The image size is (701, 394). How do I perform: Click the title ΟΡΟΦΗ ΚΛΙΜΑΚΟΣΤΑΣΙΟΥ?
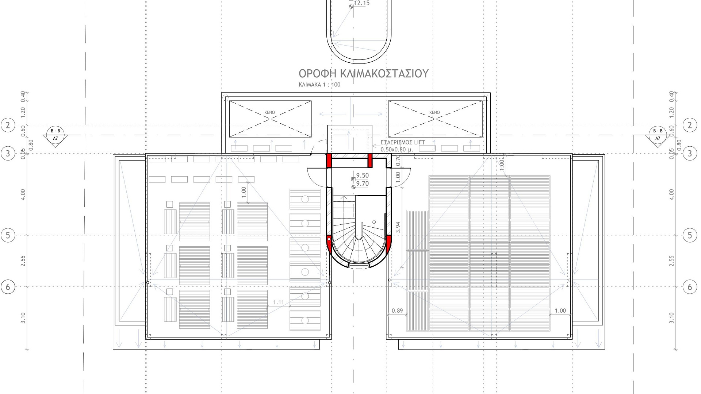click(x=363, y=74)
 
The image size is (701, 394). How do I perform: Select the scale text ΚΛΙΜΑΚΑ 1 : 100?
click(x=319, y=85)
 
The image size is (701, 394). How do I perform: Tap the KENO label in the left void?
click(x=269, y=112)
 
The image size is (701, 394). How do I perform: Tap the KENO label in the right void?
click(x=434, y=112)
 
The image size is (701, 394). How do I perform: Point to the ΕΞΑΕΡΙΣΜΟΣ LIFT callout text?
click(x=403, y=142)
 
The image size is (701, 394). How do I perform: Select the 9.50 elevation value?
click(x=363, y=175)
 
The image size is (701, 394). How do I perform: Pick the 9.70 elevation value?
click(x=363, y=184)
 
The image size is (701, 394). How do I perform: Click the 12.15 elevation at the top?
click(x=362, y=3)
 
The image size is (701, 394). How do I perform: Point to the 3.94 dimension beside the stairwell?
click(x=398, y=228)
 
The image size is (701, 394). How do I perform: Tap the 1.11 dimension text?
click(x=279, y=302)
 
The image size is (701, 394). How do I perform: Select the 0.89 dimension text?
click(x=397, y=311)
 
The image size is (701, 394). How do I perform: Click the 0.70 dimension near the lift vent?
click(x=398, y=159)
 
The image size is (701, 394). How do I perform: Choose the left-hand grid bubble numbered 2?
click(x=8, y=125)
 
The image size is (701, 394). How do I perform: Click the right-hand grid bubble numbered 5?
click(x=690, y=235)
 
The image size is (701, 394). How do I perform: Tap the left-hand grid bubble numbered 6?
click(x=8, y=287)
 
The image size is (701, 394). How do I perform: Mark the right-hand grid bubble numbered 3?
click(x=690, y=154)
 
